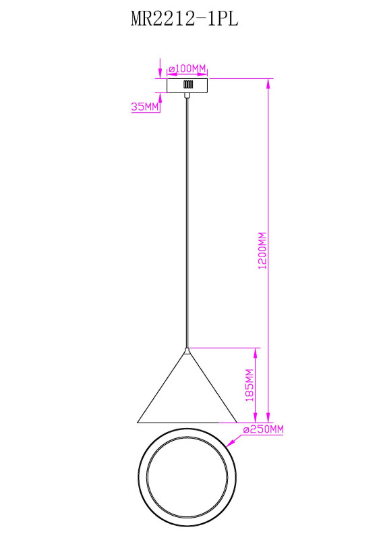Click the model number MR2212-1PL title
185,19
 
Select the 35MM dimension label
145,107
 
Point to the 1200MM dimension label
262,250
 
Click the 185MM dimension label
250,385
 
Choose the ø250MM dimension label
263,429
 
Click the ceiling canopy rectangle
187,86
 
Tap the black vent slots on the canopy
188,84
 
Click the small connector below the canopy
187,95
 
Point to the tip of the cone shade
187,349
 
